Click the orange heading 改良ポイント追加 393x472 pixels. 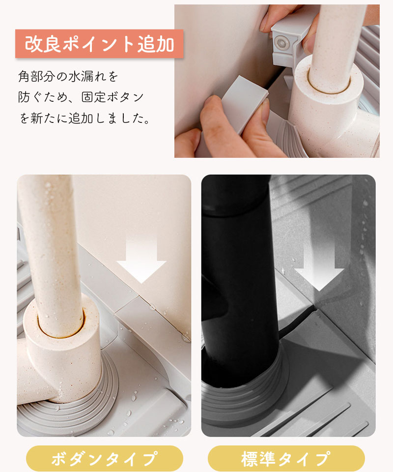tap(99, 44)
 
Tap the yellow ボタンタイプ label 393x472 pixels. tap(104, 458)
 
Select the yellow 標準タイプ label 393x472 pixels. tap(286, 458)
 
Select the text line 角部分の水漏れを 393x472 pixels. tap(68, 77)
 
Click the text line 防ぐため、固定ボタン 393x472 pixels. tap(81, 97)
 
